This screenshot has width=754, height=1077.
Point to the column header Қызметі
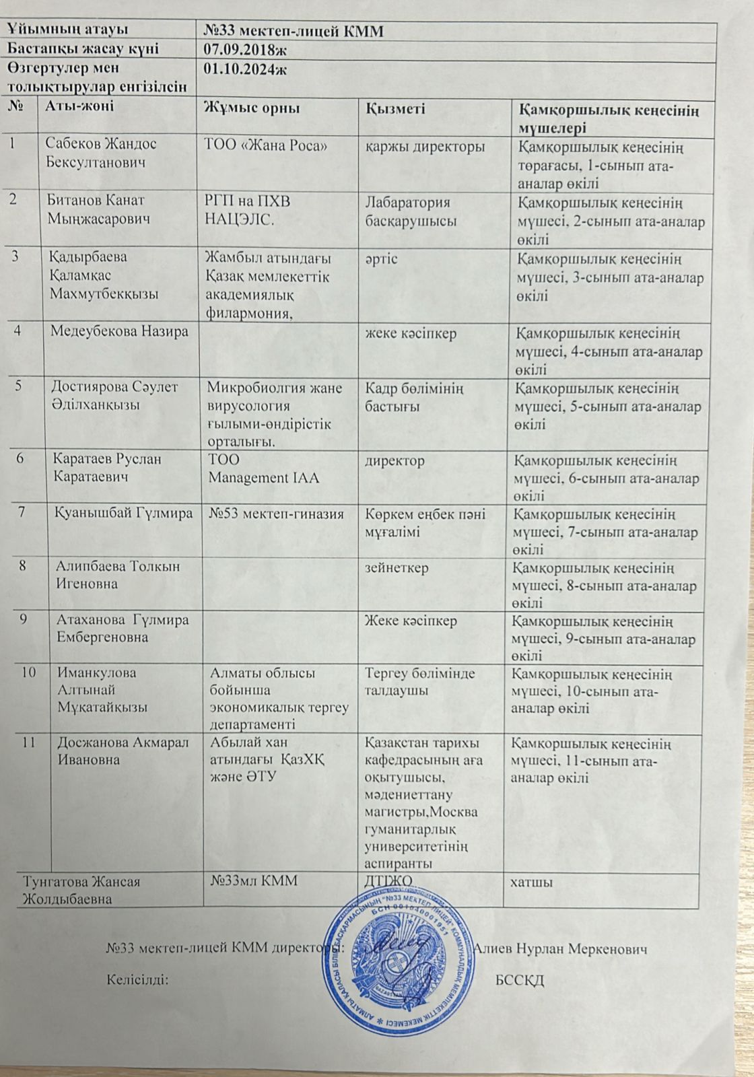coord(395,108)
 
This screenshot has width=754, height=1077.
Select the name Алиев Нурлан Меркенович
coord(561,948)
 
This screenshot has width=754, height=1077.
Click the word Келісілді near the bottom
coord(137,979)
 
